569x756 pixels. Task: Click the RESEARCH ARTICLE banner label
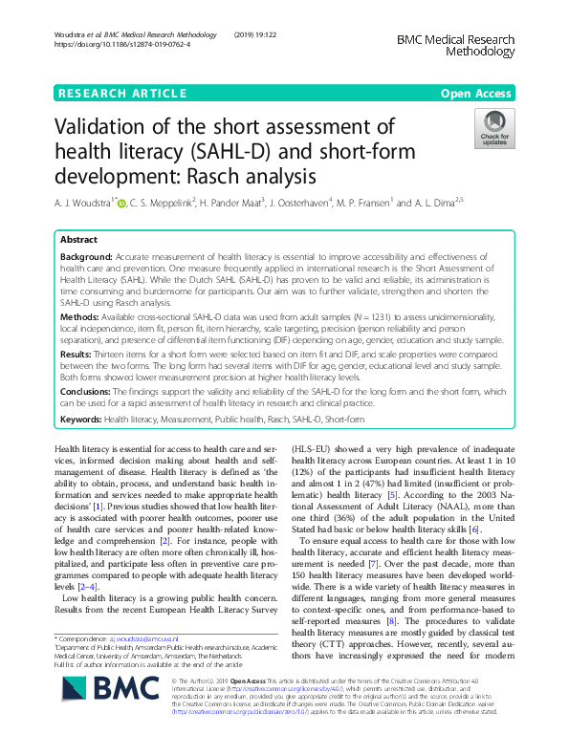point(122,93)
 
